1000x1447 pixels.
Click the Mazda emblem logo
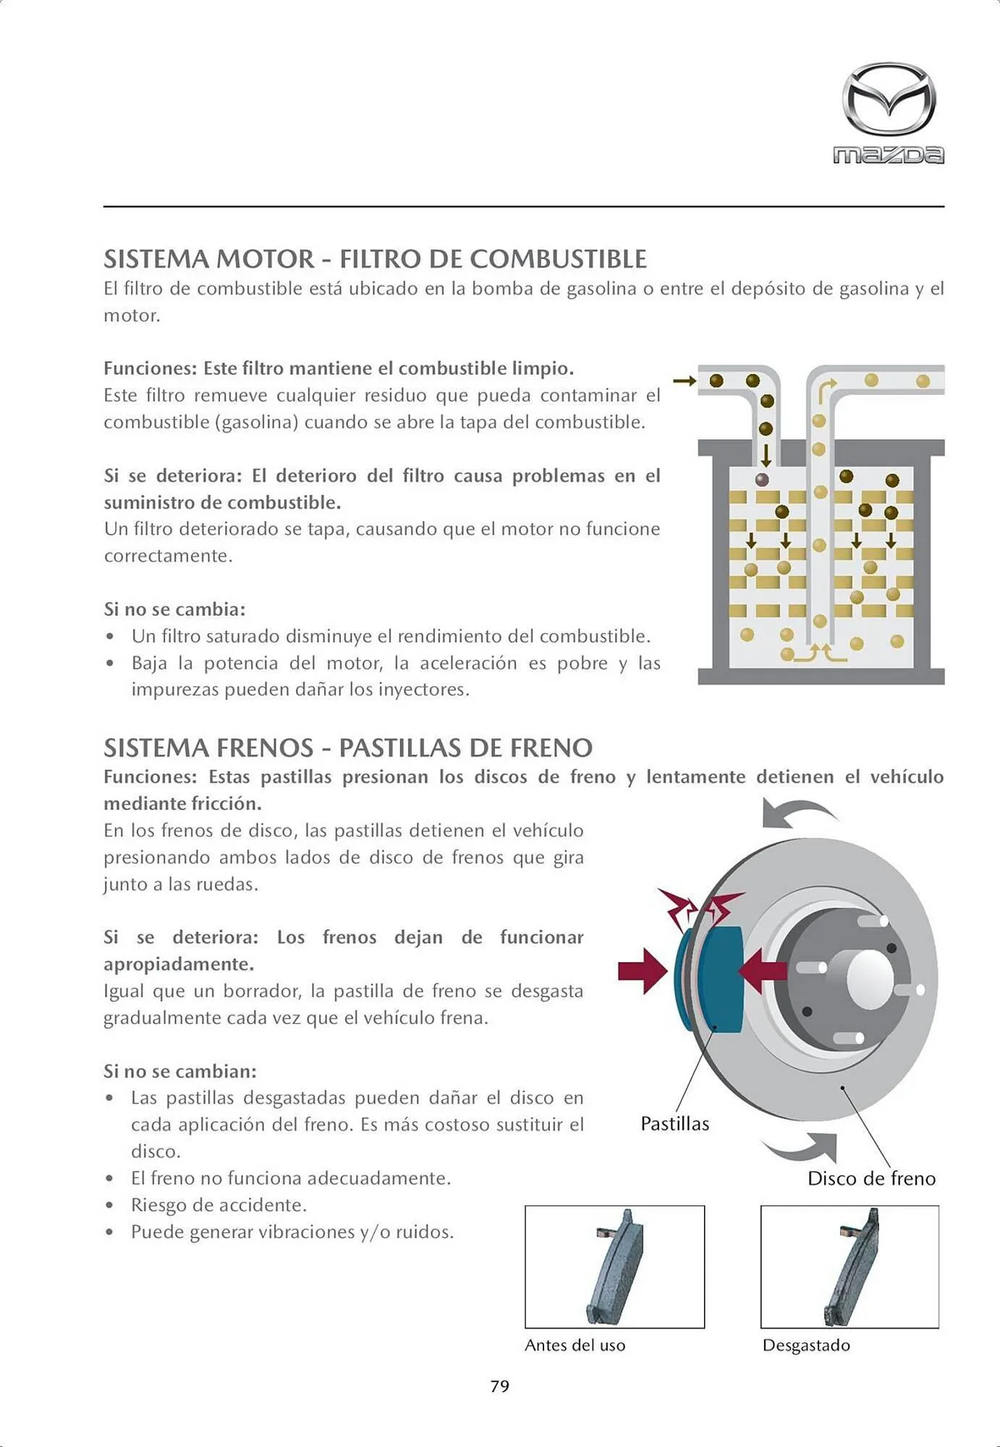[x=889, y=99]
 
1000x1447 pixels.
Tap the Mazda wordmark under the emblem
[x=889, y=155]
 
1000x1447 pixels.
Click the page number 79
[x=499, y=1386]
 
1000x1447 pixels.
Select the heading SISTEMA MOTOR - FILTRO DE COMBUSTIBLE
[x=375, y=259]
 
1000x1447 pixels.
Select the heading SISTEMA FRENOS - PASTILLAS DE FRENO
[x=347, y=747]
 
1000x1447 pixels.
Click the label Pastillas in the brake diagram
[x=674, y=1124]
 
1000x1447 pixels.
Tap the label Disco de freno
[x=871, y=1179]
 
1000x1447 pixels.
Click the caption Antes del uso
[x=575, y=1345]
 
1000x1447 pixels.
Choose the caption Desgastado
[x=806, y=1345]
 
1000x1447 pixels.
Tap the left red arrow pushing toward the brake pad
[x=642, y=971]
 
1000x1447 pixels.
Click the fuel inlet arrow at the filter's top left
[x=684, y=381]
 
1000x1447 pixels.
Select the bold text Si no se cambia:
[x=174, y=609]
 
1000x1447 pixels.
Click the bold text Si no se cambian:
[x=179, y=1071]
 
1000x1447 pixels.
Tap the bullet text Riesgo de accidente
[x=219, y=1205]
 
